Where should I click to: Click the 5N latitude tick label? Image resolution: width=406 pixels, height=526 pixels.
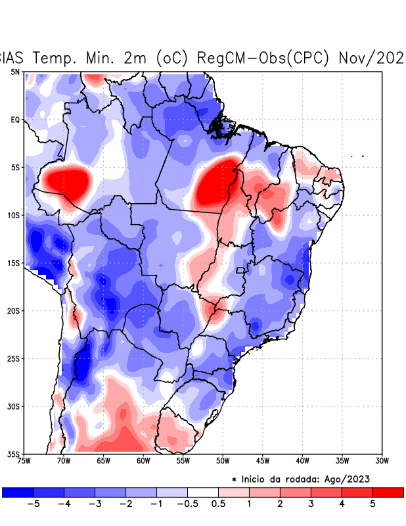[14, 72]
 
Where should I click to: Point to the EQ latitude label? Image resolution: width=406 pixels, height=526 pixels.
[14, 120]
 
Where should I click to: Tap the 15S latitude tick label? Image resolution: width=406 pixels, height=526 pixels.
[13, 263]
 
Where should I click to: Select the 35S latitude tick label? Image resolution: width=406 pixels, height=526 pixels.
[13, 454]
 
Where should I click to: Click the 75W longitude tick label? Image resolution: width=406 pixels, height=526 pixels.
[24, 461]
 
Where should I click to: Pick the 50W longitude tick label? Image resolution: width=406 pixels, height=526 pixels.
[222, 461]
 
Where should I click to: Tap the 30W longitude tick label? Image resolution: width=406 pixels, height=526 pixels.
[381, 461]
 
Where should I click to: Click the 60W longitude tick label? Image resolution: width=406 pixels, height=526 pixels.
[143, 461]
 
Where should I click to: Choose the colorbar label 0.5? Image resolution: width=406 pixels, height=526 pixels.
[218, 504]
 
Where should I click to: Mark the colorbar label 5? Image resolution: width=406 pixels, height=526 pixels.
[372, 504]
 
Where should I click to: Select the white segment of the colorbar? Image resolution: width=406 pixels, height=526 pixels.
[203, 492]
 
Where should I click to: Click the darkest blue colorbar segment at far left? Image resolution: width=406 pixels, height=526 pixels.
[18, 492]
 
